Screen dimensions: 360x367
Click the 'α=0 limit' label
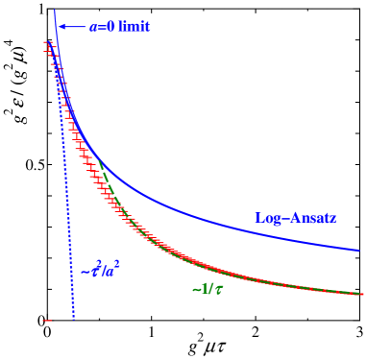pos(120,27)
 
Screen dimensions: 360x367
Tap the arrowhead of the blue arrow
pos(60,27)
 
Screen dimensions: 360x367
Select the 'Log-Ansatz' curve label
pos(295,218)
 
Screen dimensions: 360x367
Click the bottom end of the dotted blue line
pos(73,320)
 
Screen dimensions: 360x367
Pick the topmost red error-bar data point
pos(46,43)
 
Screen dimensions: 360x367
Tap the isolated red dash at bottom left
pos(46,320)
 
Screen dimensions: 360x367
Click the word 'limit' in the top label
pos(135,27)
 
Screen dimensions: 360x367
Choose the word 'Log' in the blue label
pos(266,218)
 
